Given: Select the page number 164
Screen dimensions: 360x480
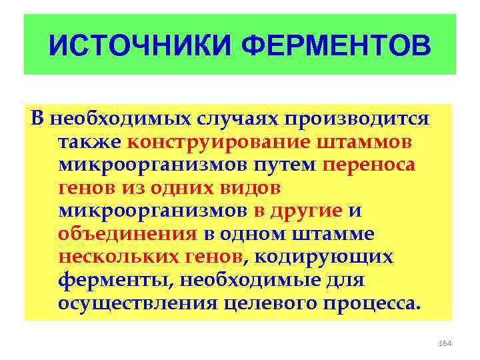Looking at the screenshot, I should pos(445,343).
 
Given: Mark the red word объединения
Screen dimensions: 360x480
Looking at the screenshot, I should pos(127,234).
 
